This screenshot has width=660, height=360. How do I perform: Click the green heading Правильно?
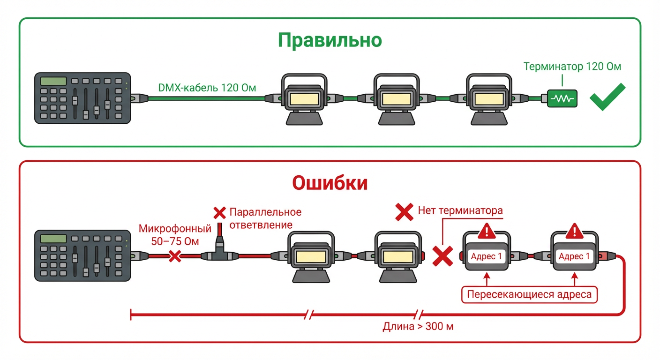(x=330, y=40)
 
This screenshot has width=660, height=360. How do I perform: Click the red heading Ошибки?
(x=330, y=183)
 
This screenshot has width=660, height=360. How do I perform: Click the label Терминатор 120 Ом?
(x=572, y=67)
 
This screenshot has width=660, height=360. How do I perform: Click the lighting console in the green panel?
(x=82, y=98)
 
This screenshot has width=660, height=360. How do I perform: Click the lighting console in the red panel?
(x=82, y=255)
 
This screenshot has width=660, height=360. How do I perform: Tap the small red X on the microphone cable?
(x=175, y=256)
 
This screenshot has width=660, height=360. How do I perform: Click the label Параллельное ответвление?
(x=265, y=218)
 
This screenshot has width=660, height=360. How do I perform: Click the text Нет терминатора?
(x=460, y=210)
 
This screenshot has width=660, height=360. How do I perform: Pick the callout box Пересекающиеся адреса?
(x=530, y=295)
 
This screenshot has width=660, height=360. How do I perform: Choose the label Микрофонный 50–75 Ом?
(x=175, y=235)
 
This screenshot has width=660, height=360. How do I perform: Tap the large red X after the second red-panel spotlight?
(x=442, y=256)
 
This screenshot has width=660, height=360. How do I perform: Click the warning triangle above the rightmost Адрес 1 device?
(x=574, y=231)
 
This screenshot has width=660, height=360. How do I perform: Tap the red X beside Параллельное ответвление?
(x=219, y=213)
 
